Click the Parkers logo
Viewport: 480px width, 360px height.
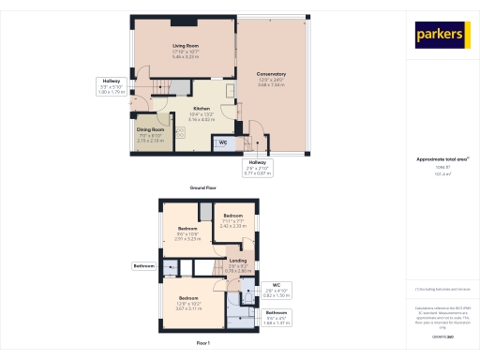[x=442, y=35]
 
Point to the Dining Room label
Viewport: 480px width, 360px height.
[x=151, y=132]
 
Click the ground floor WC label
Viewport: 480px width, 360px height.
[x=222, y=142]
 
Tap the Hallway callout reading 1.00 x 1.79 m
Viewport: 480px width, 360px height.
[x=112, y=86]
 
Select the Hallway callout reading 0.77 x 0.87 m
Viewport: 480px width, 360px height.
[x=257, y=166]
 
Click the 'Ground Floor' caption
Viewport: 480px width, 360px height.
[x=204, y=187]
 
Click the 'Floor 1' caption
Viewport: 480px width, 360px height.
[x=203, y=344]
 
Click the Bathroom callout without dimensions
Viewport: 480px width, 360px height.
[x=143, y=266]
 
